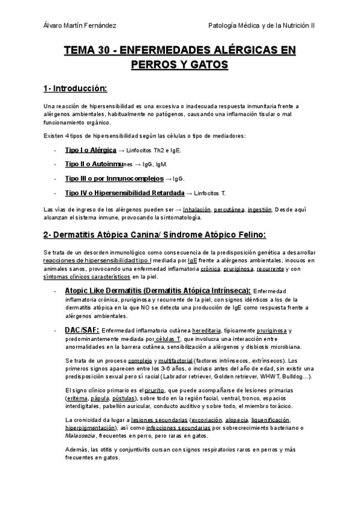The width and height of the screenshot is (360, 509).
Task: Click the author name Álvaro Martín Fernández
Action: click(x=81, y=26)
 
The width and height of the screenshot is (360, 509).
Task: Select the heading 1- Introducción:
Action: click(x=75, y=89)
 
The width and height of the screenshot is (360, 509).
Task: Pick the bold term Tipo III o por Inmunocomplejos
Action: click(x=113, y=178)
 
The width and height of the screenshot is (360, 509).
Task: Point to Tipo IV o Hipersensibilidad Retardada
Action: click(x=124, y=193)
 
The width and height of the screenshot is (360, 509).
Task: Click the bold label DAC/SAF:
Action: click(x=82, y=330)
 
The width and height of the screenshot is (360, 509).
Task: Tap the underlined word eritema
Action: click(x=76, y=398)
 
